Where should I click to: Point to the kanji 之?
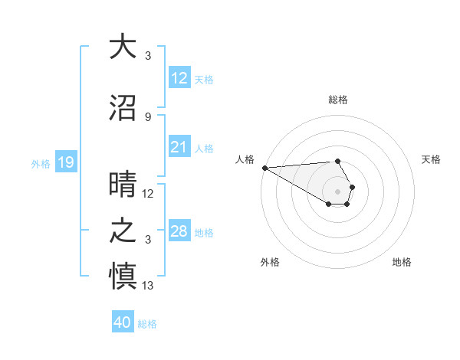tap(123, 231)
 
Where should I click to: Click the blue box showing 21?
tap(179, 147)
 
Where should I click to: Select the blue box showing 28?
tap(179, 231)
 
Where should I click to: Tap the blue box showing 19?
tap(65, 162)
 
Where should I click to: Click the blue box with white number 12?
tap(179, 78)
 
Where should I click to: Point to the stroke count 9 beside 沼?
tap(148, 116)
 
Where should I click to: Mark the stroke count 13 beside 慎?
tap(149, 286)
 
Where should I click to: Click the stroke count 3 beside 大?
tap(148, 55)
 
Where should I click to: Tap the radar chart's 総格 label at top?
tap(338, 100)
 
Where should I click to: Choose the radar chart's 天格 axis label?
tap(431, 159)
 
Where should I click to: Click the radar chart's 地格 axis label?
tap(402, 262)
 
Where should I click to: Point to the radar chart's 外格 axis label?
tap(270, 262)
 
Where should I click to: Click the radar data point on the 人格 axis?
tap(264, 168)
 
